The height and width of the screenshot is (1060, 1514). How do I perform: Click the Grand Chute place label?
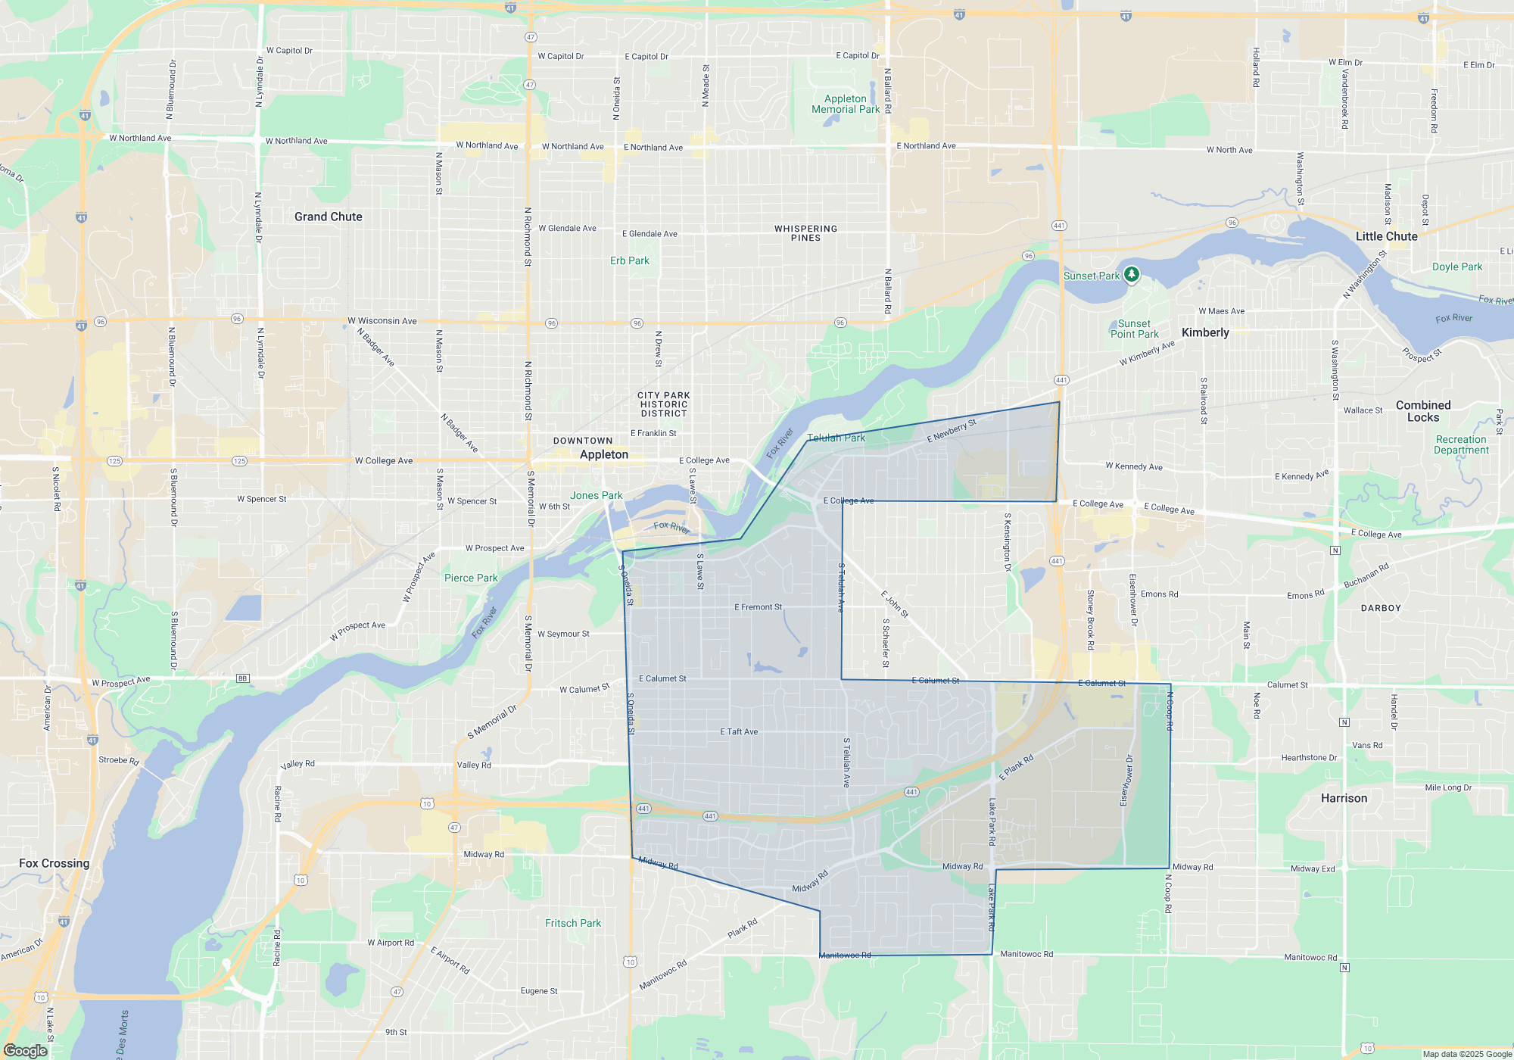click(328, 217)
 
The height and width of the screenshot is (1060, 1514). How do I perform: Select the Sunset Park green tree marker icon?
click(1132, 274)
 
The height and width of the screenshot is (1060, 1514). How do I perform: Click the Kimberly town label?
click(1205, 332)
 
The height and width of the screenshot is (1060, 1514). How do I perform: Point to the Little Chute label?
click(1386, 236)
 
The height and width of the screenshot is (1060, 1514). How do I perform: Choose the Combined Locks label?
click(1423, 411)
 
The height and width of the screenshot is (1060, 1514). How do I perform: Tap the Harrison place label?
click(1344, 798)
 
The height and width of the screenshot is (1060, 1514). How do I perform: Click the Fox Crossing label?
click(54, 863)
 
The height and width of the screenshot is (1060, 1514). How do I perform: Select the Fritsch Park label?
click(573, 923)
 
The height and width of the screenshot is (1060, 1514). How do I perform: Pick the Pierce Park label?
click(471, 578)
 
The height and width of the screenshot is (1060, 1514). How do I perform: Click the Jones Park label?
click(596, 495)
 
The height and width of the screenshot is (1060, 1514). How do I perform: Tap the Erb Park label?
click(630, 260)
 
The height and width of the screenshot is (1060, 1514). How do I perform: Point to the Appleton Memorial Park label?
click(846, 104)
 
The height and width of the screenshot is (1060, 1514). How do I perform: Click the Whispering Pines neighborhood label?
click(805, 233)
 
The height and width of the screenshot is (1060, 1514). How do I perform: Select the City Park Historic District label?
click(664, 404)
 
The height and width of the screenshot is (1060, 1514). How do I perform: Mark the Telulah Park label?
click(836, 438)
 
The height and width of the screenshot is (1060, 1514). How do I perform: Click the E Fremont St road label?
click(758, 607)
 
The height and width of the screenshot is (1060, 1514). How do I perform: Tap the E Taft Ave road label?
click(739, 732)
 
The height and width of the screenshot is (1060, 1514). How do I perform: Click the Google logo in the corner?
click(25, 1050)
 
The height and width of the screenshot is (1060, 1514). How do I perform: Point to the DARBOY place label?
click(1381, 608)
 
